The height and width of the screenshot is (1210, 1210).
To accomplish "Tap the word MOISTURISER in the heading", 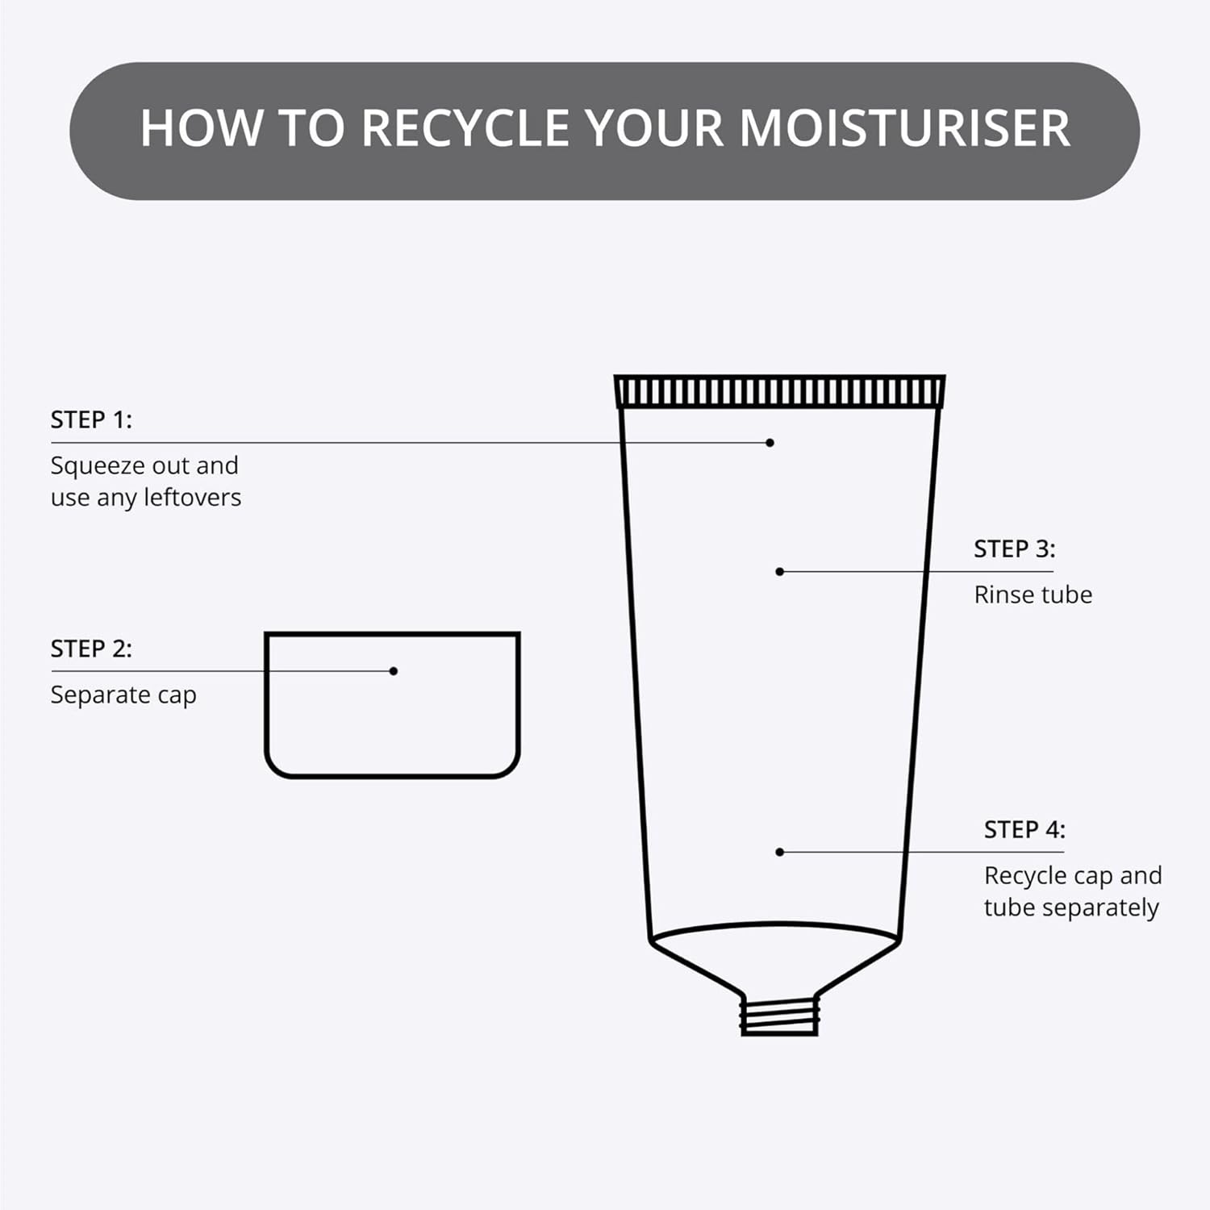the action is tap(904, 127).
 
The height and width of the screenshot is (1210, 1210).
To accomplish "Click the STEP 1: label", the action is tap(91, 419).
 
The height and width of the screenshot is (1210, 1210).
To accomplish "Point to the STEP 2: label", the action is tap(91, 649).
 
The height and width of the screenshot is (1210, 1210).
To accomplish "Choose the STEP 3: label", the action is tap(1014, 549).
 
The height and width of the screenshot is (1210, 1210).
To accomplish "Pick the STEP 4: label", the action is tap(1024, 829).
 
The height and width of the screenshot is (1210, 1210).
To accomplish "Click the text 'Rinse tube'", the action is tap(1033, 595).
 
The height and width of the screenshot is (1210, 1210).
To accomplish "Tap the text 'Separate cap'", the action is tap(123, 695).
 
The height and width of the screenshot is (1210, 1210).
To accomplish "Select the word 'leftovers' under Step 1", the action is tap(193, 497).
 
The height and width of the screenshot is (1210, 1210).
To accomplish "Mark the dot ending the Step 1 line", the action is tap(770, 443).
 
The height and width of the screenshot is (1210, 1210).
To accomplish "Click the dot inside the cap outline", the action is tap(394, 671).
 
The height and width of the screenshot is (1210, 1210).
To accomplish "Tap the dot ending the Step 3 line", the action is tap(780, 572).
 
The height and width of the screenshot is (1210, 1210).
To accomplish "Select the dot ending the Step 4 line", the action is tap(780, 852).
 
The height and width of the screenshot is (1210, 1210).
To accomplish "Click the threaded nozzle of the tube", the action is tap(780, 1016).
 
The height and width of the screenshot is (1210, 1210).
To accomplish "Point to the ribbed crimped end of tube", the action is tap(780, 391).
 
